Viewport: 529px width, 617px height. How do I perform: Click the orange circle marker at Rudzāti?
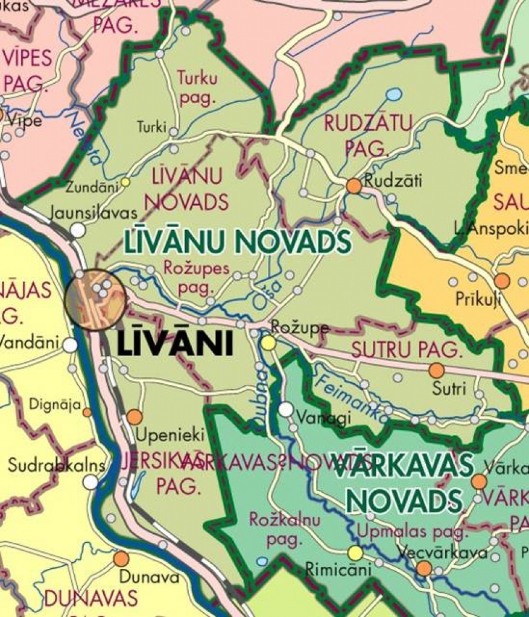[354, 186]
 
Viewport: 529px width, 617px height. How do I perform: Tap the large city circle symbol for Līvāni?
[95, 299]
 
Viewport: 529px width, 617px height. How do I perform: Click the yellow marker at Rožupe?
[268, 343]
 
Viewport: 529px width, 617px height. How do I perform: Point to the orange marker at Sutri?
[436, 371]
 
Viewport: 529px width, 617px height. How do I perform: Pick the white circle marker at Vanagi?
[286, 410]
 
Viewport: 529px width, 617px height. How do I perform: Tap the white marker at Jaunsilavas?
[78, 230]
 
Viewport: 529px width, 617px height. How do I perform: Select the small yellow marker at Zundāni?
[125, 181]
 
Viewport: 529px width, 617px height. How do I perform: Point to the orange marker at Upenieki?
[135, 417]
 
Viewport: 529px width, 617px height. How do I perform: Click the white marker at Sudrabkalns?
[90, 481]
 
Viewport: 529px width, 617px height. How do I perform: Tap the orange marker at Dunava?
[121, 559]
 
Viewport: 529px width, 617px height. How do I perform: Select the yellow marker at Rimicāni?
[355, 553]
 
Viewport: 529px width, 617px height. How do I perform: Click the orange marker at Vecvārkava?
[424, 568]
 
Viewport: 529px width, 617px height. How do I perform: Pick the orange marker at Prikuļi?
[502, 281]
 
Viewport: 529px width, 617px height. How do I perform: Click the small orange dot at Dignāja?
[87, 412]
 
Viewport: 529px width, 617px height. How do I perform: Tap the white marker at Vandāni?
[71, 345]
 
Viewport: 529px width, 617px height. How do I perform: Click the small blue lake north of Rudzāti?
[393, 95]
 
